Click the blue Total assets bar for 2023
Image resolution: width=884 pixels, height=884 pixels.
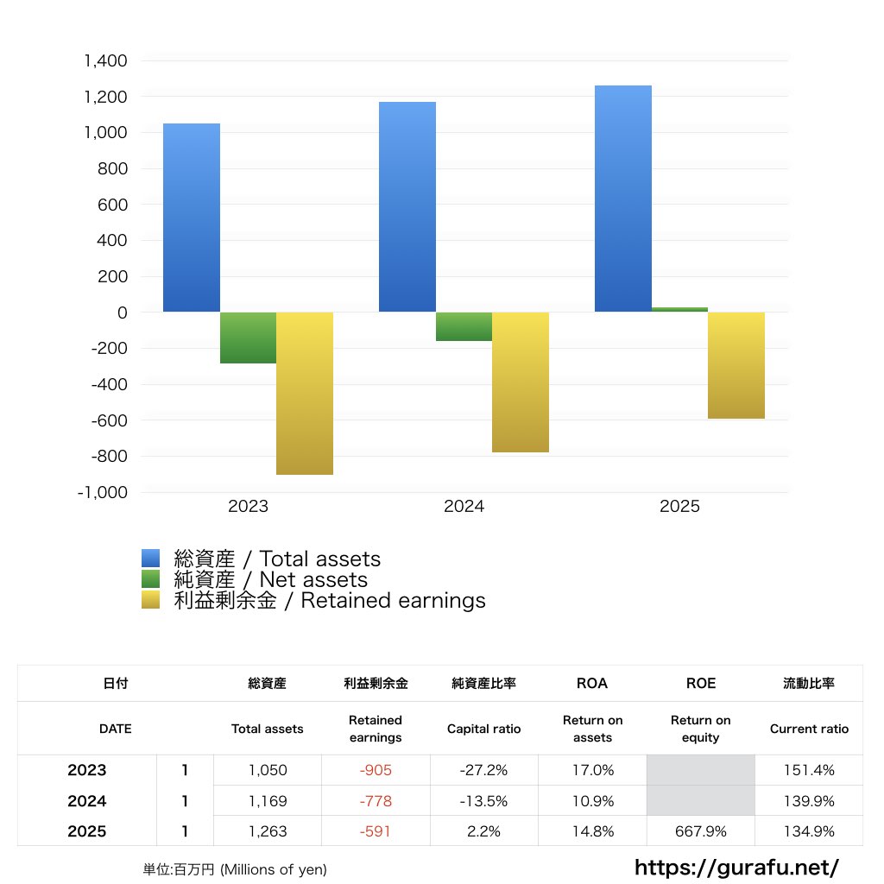[191, 218]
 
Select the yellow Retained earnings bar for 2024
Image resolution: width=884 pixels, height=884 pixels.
[521, 382]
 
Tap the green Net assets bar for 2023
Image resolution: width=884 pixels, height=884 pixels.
[248, 338]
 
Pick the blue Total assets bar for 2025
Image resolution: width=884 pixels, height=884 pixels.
[622, 199]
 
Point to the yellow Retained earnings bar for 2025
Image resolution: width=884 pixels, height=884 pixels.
[736, 365]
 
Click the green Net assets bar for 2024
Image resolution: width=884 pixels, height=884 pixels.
[464, 326]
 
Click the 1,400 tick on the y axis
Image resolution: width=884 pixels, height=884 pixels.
[104, 61]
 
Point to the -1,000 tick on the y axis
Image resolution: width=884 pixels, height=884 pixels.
[102, 492]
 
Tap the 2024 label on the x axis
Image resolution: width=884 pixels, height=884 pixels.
[464, 507]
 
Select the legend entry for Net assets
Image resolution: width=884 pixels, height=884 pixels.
[270, 580]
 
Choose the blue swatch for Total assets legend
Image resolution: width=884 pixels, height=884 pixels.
[151, 559]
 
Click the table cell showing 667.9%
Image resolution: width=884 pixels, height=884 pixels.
[700, 832]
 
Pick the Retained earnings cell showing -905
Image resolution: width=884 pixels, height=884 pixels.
[376, 770]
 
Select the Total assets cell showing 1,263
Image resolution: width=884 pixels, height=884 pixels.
[267, 832]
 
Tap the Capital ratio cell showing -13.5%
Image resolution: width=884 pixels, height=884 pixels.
[483, 801]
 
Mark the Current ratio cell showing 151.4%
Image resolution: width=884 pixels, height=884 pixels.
[809, 770]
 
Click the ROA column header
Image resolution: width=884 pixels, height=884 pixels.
[591, 683]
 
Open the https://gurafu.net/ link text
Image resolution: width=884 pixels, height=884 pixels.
[737, 867]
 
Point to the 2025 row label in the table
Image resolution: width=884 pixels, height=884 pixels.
[87, 832]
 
